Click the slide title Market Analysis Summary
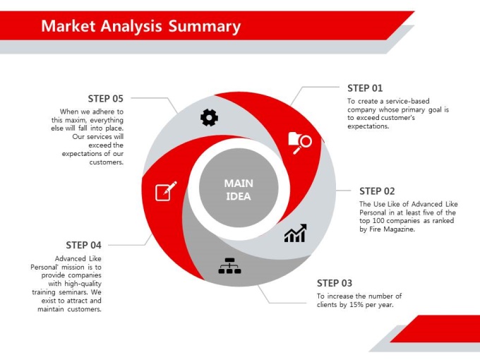click(x=140, y=26)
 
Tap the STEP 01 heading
click(x=365, y=88)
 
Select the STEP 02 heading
click(x=377, y=191)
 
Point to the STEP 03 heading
click(x=335, y=283)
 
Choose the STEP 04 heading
click(x=83, y=245)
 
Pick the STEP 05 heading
click(x=106, y=99)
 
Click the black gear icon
click(x=209, y=118)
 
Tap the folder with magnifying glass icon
click(x=300, y=143)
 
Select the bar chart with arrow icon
click(x=295, y=233)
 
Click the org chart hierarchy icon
click(x=229, y=265)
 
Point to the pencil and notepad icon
click(x=166, y=191)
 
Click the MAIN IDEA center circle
click(x=239, y=188)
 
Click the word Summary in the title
click(x=205, y=27)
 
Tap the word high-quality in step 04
click(x=83, y=284)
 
